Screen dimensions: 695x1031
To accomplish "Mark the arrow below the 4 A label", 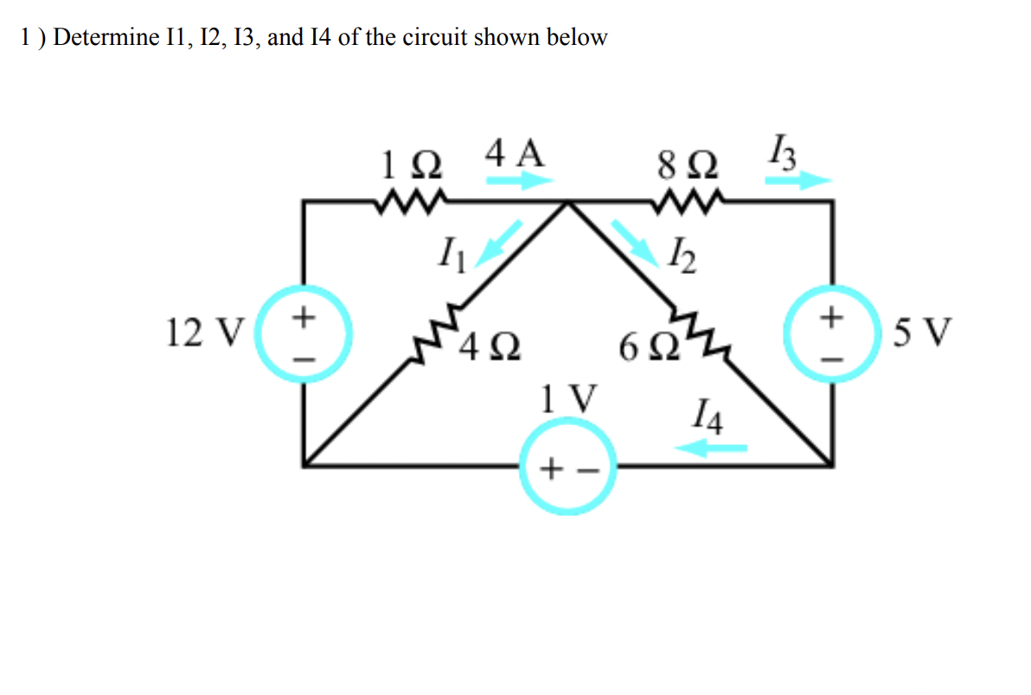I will pyautogui.click(x=519, y=181).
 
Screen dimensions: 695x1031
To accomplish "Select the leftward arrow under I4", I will pyautogui.click(x=711, y=448).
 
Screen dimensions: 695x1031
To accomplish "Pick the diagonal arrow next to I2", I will pyautogui.click(x=631, y=239).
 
